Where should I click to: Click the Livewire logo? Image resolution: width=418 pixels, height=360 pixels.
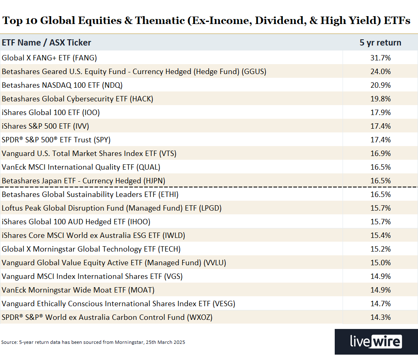click(x=376, y=342)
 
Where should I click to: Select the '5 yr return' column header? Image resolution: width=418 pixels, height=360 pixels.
click(x=380, y=43)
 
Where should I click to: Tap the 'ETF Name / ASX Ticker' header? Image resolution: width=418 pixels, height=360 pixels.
click(x=46, y=43)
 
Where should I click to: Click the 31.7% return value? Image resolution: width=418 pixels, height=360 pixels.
click(x=380, y=58)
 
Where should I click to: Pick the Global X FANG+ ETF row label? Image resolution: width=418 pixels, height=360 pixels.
click(x=49, y=58)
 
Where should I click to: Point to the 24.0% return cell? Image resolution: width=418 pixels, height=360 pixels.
click(x=380, y=72)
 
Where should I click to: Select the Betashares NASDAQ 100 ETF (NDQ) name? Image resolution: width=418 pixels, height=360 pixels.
click(x=62, y=85)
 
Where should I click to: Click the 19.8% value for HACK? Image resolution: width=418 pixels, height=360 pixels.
click(x=380, y=99)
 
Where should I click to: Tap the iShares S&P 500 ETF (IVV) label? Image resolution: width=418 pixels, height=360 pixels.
click(x=45, y=126)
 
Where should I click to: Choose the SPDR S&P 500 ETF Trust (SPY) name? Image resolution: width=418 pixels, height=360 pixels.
click(x=56, y=140)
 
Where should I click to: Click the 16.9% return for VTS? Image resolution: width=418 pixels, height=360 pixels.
click(x=380, y=154)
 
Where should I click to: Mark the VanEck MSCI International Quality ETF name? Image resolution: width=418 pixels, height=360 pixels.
click(x=81, y=167)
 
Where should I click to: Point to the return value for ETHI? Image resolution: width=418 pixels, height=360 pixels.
click(x=380, y=194)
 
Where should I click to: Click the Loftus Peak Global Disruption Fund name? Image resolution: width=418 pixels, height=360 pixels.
click(x=111, y=208)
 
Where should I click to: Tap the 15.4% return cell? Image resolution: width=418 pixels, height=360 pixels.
click(x=380, y=235)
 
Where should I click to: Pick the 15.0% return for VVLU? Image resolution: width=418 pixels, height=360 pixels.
click(x=380, y=263)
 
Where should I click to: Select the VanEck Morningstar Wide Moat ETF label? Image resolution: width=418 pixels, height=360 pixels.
click(x=78, y=290)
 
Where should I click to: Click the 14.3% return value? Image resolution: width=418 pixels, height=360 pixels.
click(x=380, y=317)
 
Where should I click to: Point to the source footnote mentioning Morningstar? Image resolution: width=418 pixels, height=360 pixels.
click(x=93, y=342)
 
